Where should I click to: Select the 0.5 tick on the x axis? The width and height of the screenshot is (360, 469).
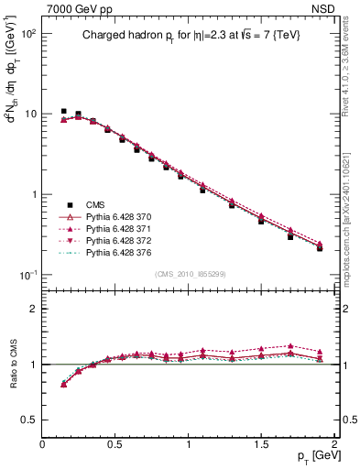[x=115, y=444]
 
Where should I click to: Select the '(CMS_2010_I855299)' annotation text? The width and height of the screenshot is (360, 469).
[x=191, y=275]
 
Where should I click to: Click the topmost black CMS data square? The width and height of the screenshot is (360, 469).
[x=63, y=112]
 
